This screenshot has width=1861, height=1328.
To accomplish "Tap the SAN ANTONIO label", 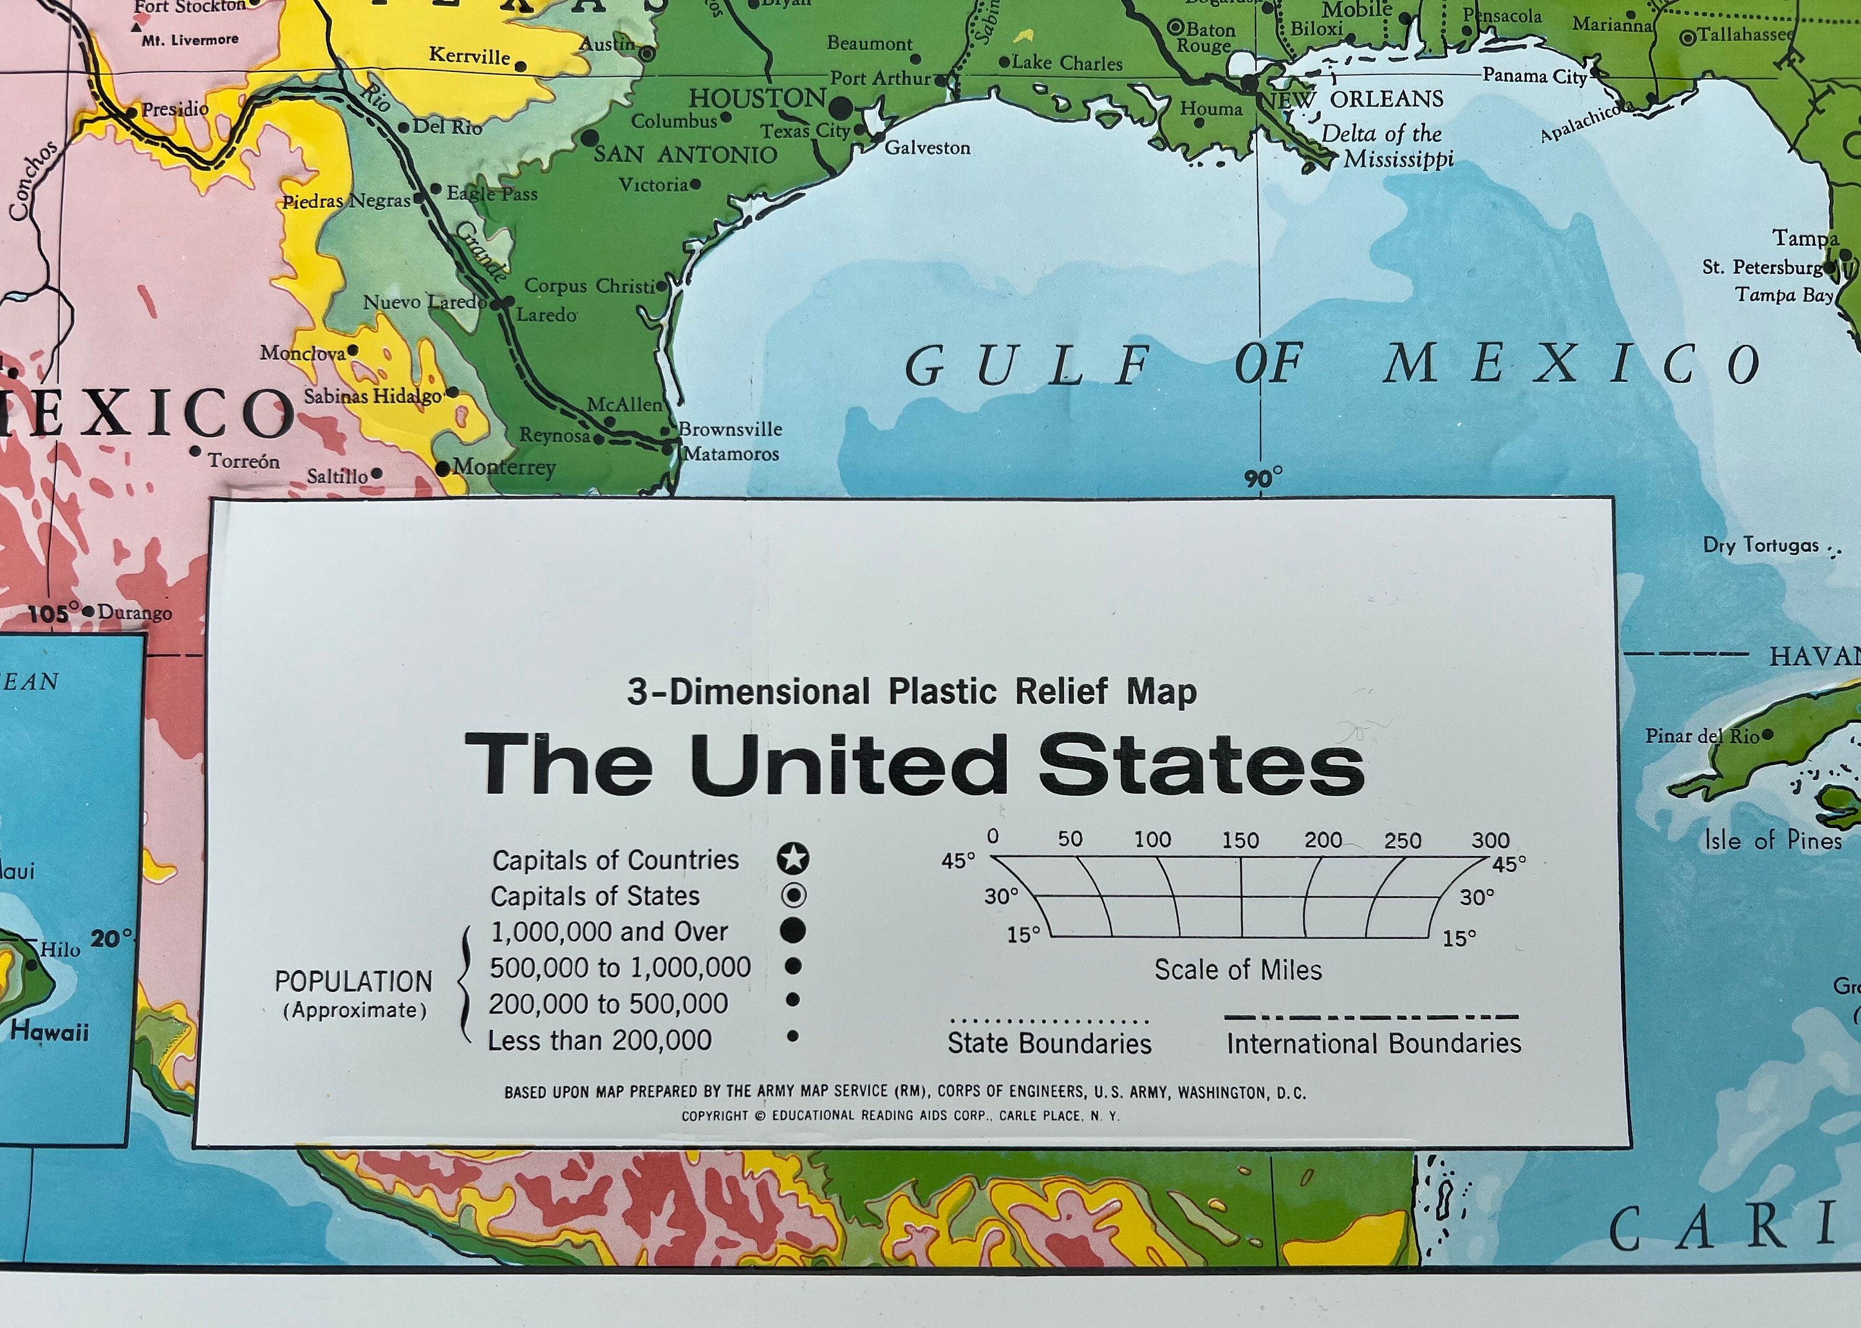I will (685, 155).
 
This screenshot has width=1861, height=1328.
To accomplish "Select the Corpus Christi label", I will (589, 286).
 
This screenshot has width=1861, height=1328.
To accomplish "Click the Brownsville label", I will (730, 429).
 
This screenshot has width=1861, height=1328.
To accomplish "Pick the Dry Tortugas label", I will (1761, 545).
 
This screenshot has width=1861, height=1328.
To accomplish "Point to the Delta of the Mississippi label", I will (1387, 146).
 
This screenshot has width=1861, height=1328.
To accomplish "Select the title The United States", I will (914, 765).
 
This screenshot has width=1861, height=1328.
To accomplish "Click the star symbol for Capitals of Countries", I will (793, 859).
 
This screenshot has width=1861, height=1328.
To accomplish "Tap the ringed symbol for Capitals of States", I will (793, 895).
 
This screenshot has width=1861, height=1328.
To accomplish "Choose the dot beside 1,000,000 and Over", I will (793, 931).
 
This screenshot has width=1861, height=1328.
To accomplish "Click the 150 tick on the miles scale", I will (1240, 840).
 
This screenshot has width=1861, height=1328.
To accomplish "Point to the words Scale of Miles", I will (1238, 970).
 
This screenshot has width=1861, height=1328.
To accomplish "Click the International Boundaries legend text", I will (1373, 1043).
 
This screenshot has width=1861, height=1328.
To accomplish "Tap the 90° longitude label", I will (1264, 478).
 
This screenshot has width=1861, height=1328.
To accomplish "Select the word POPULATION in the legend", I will (353, 981).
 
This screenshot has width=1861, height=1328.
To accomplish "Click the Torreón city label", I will (243, 461).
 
